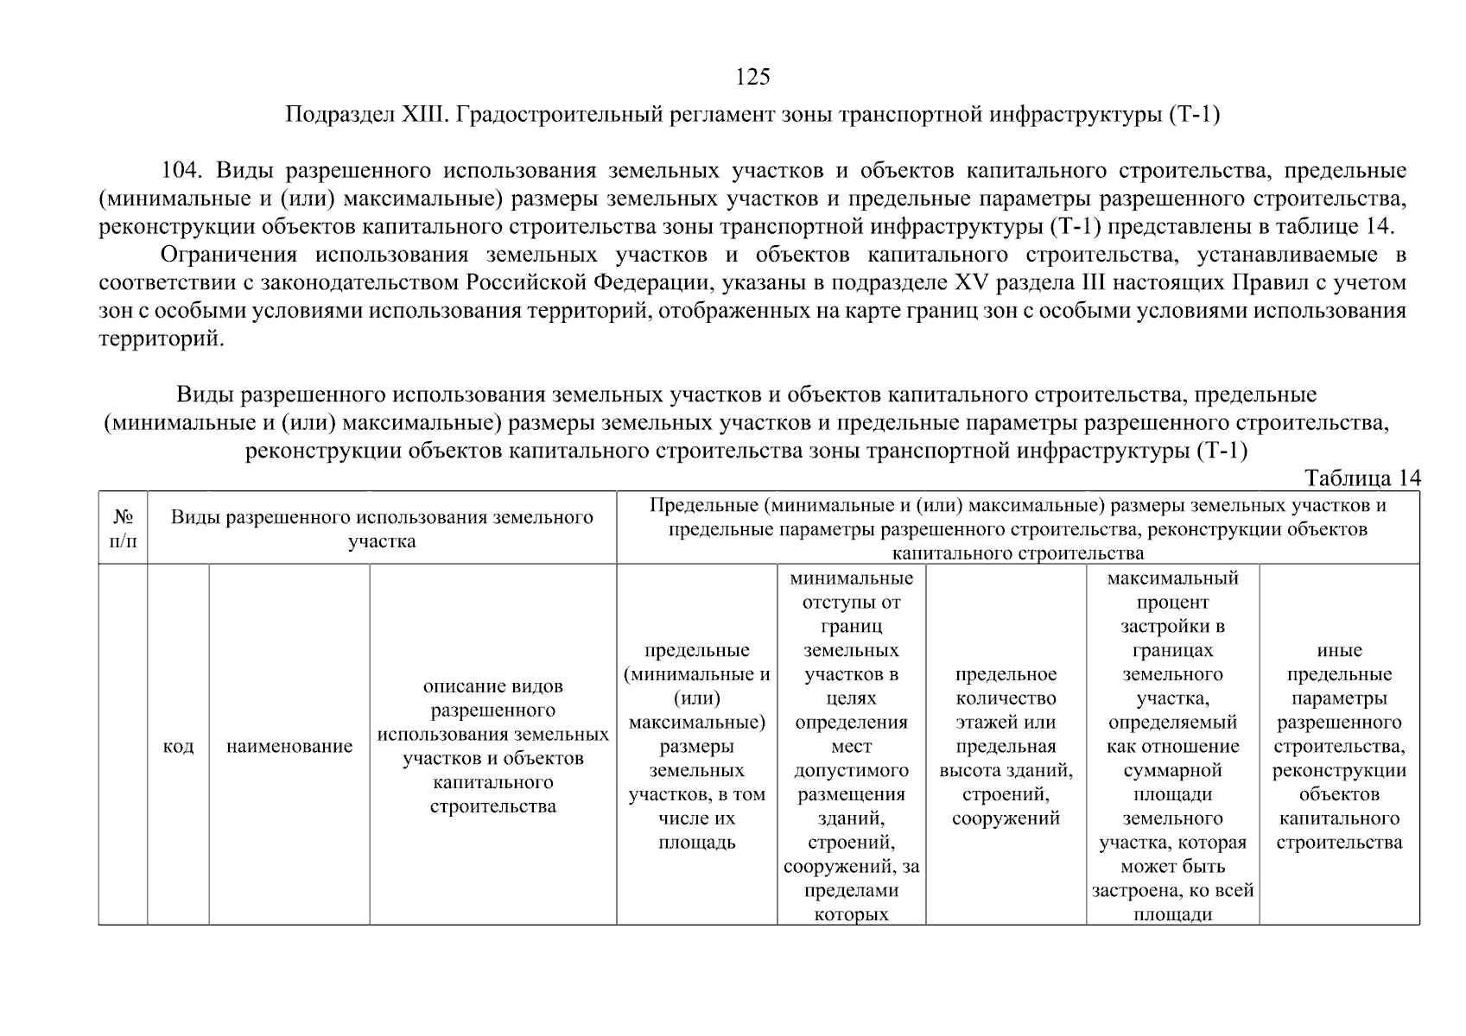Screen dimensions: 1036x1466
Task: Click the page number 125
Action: pyautogui.click(x=752, y=77)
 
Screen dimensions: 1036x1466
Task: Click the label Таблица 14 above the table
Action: pyautogui.click(x=1361, y=479)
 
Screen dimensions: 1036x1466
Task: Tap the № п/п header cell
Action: pyautogui.click(x=123, y=528)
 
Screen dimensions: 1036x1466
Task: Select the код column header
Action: pyautogui.click(x=178, y=747)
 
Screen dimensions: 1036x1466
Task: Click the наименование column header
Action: pyautogui.click(x=289, y=747)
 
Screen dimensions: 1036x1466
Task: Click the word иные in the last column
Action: pyautogui.click(x=1339, y=651)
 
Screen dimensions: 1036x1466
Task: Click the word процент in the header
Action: pyautogui.click(x=1172, y=603)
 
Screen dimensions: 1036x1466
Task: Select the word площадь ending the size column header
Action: pyautogui.click(x=696, y=843)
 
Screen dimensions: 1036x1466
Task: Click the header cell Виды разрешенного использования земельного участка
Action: pyautogui.click(x=382, y=528)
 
